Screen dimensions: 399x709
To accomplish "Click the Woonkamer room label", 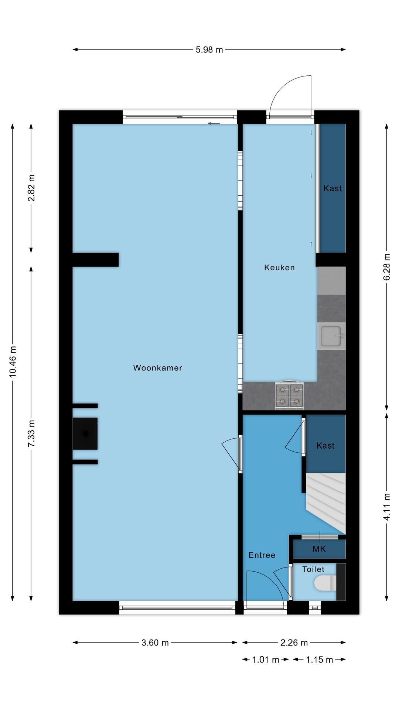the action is pyautogui.click(x=158, y=368).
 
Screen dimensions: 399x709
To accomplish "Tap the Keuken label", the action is pyautogui.click(x=279, y=267).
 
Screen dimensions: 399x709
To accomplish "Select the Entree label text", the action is pyautogui.click(x=262, y=555).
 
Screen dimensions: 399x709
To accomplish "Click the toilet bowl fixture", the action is pyautogui.click(x=325, y=583).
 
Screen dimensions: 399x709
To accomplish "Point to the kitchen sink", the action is pyautogui.click(x=331, y=336).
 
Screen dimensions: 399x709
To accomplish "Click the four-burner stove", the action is pyautogui.click(x=289, y=395).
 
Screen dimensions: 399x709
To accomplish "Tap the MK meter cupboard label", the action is pyautogui.click(x=319, y=549).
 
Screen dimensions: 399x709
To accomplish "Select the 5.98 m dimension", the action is pyautogui.click(x=209, y=50).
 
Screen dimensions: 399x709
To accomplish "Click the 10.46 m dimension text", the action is pyautogui.click(x=13, y=362).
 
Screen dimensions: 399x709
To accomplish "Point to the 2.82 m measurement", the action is pyautogui.click(x=31, y=188).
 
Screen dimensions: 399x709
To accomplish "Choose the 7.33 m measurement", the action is pyautogui.click(x=31, y=433).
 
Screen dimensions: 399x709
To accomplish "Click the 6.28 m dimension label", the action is pyautogui.click(x=386, y=267).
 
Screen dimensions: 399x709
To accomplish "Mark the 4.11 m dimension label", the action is pyautogui.click(x=386, y=507).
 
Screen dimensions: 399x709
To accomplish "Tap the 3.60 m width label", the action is pyautogui.click(x=155, y=643).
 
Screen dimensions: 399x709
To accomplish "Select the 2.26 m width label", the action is pyautogui.click(x=294, y=643).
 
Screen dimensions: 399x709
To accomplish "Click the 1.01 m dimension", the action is pyautogui.click(x=266, y=660).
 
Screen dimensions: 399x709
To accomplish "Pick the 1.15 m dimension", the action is pyautogui.click(x=320, y=660).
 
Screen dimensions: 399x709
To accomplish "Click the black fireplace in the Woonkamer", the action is pyautogui.click(x=85, y=434).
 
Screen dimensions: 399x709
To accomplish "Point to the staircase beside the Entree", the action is pyautogui.click(x=326, y=503).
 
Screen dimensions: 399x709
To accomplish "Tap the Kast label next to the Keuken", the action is pyautogui.click(x=332, y=188).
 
